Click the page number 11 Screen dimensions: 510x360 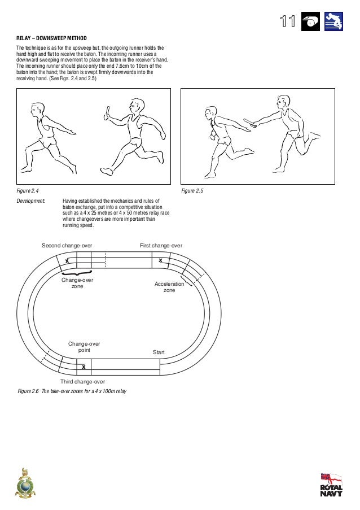pyautogui.click(x=288, y=21)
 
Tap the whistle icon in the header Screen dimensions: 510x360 pyautogui.click(x=311, y=21)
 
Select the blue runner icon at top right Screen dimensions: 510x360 pyautogui.click(x=334, y=21)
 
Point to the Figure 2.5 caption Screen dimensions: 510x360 pyautogui.click(x=192, y=191)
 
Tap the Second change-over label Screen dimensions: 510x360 pyautogui.click(x=67, y=246)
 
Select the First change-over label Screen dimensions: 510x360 pyautogui.click(x=161, y=246)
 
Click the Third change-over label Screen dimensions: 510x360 pyautogui.click(x=83, y=382)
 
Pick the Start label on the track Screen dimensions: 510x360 pyautogui.click(x=159, y=352)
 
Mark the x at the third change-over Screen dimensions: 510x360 pyautogui.click(x=84, y=367)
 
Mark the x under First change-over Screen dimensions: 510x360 pyautogui.click(x=160, y=260)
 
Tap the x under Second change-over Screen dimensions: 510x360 pyautogui.click(x=67, y=261)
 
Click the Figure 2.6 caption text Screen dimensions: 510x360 pyautogui.click(x=72, y=391)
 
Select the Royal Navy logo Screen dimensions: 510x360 pyautogui.click(x=331, y=485)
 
